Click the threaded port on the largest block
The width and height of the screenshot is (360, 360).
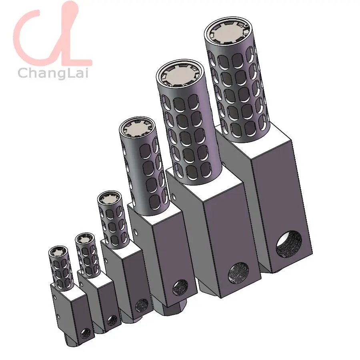coord(289,244)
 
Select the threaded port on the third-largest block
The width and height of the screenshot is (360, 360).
coord(180,287)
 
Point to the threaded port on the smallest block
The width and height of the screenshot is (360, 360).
coord(86,333)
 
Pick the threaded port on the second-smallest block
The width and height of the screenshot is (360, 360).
coord(112,320)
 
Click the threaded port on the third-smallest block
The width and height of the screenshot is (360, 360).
coord(142,306)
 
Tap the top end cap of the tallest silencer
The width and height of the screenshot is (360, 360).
coord(227,32)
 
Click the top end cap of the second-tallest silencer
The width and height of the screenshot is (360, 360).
coord(180,76)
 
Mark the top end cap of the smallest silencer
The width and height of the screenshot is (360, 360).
coord(58,252)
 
